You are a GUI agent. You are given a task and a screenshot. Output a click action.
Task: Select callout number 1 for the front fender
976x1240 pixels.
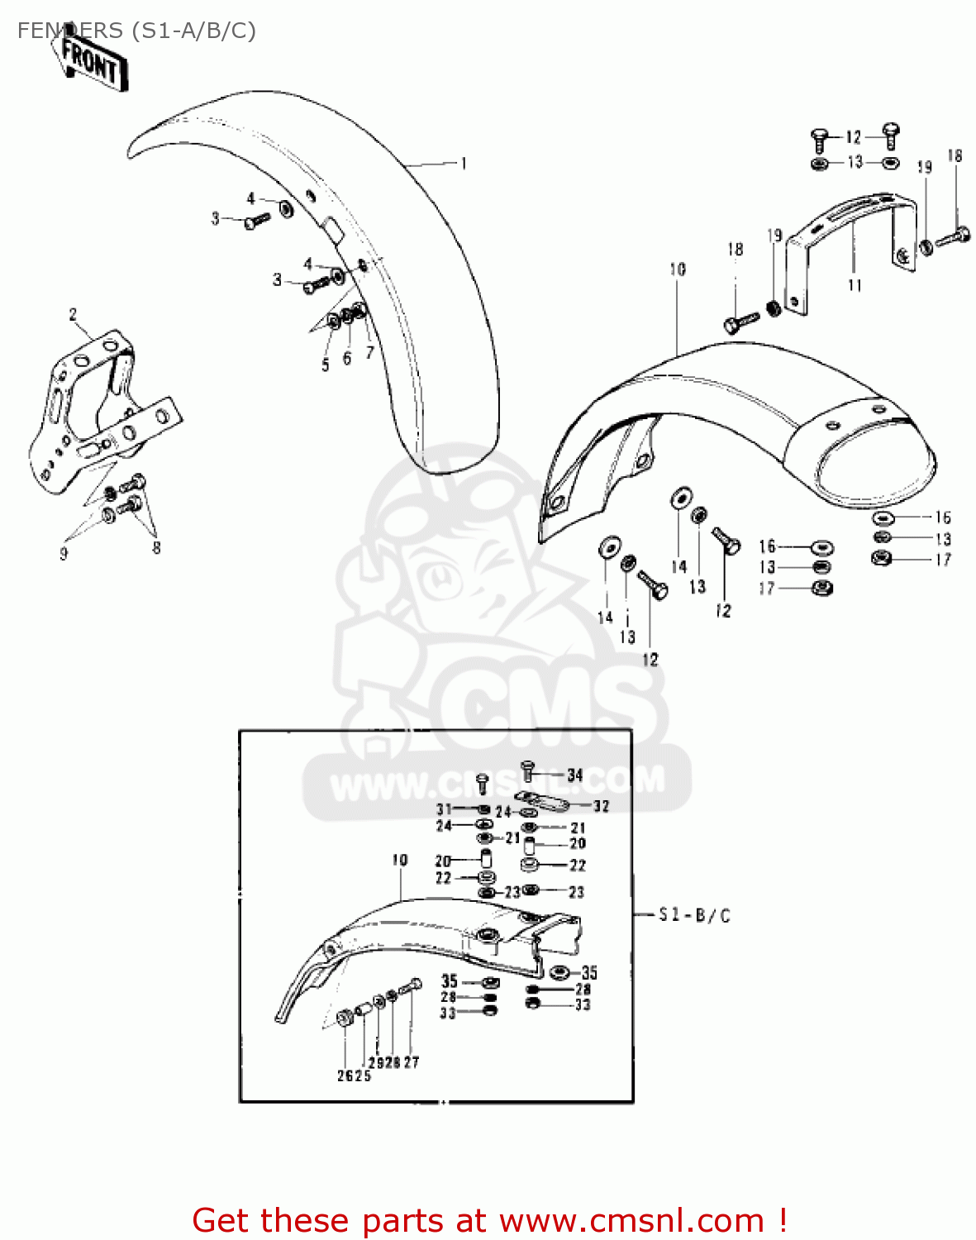(x=464, y=164)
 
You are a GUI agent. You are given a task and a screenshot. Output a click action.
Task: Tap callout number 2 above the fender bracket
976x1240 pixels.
(x=73, y=315)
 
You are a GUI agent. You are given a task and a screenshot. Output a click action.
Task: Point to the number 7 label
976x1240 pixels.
(x=369, y=352)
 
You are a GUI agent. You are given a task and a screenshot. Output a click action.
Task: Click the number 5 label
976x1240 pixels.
(x=326, y=365)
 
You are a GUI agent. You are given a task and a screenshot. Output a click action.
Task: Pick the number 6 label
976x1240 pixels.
(x=347, y=358)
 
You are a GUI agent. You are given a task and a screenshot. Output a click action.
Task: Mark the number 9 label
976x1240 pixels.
(x=64, y=554)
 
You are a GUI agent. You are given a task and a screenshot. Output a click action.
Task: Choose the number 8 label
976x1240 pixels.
(x=156, y=547)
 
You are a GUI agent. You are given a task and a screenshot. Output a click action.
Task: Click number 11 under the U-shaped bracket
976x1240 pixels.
(x=855, y=285)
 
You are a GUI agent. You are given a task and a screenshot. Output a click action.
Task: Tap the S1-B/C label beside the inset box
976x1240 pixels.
(x=694, y=915)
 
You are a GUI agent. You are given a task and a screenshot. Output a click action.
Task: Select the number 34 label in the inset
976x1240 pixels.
(x=575, y=775)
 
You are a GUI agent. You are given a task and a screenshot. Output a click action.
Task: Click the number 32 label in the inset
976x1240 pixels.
(x=601, y=806)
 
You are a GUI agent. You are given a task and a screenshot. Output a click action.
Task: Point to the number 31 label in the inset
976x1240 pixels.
(x=445, y=809)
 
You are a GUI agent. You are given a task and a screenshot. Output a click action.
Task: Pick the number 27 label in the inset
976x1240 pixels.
(x=412, y=1062)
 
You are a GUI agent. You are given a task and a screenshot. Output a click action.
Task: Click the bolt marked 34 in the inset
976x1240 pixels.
(x=529, y=770)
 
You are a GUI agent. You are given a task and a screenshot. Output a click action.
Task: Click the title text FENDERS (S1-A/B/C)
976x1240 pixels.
(x=136, y=31)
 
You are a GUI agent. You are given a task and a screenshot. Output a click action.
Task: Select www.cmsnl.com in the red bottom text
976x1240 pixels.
(x=631, y=1220)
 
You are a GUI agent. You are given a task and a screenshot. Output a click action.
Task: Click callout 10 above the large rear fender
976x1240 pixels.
(x=678, y=269)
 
